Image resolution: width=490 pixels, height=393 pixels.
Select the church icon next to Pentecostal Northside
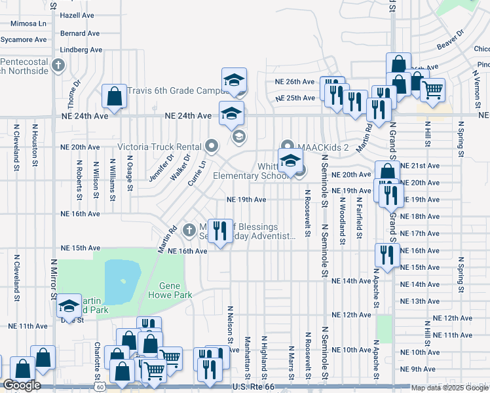(58, 65)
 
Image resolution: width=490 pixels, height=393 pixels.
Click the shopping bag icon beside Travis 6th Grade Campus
(115, 97)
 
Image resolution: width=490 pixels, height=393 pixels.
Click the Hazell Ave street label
(79, 14)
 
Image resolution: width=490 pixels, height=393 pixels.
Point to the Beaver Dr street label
(451, 39)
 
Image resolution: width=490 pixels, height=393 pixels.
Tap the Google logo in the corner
(22, 385)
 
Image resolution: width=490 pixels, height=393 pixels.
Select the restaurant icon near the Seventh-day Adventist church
(220, 231)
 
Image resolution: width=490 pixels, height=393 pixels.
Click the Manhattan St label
(247, 358)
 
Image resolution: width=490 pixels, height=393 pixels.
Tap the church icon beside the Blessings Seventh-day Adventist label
(189, 229)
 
